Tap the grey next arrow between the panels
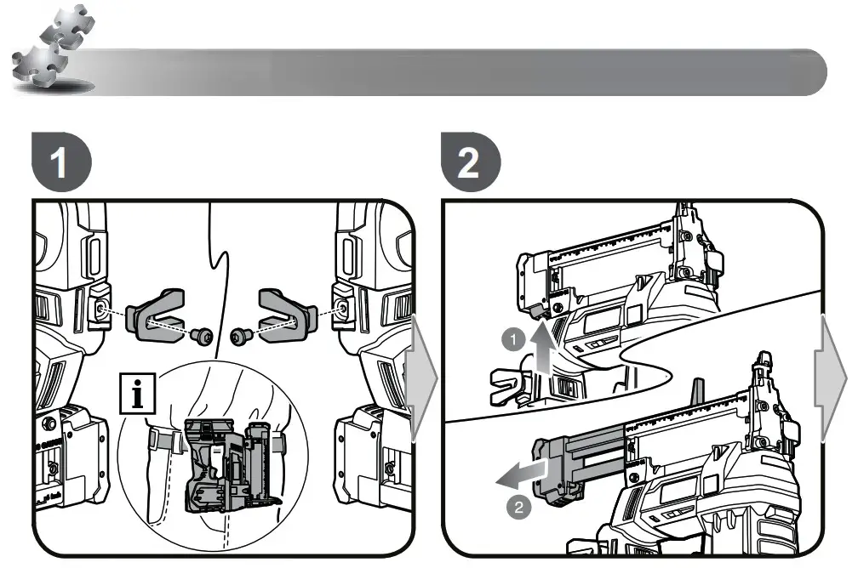click(422, 378)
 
